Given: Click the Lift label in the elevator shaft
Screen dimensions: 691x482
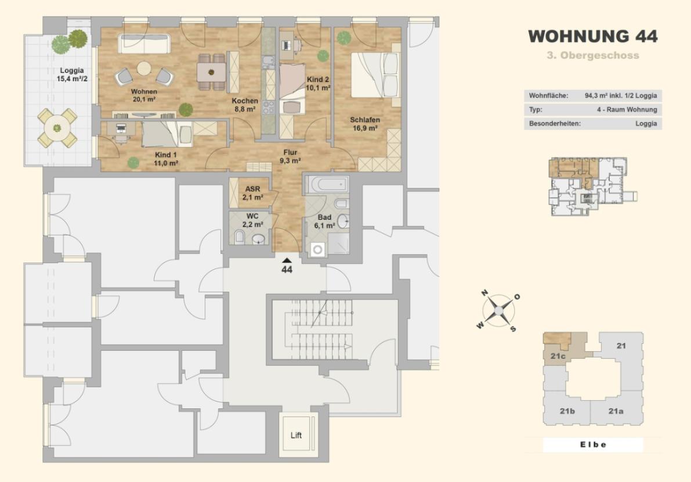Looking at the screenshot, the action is point(296,436).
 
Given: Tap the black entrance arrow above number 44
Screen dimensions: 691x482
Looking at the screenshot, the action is point(287,261).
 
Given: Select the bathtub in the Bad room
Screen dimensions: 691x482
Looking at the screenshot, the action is point(327,184).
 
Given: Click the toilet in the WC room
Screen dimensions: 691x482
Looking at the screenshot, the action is point(239,238).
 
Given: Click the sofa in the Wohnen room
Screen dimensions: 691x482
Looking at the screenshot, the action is point(143,44).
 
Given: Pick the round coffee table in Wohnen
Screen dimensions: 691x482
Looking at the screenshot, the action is point(144,69).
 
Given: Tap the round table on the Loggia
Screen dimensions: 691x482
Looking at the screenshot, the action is point(57,128).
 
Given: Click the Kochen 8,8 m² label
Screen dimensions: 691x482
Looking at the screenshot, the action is point(245,105).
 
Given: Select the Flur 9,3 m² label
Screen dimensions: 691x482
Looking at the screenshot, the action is point(291,157).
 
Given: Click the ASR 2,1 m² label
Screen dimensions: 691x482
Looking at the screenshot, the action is point(253,193).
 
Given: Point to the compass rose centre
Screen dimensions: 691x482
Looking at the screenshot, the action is point(498,311).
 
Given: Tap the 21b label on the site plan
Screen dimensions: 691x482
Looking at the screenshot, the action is point(567,411).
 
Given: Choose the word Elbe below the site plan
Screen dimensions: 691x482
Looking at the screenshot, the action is point(593,444).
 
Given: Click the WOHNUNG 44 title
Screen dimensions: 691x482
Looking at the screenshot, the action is point(593,36).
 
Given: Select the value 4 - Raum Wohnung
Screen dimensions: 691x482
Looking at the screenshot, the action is point(627,109).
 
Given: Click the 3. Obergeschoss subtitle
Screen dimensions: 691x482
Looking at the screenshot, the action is point(593,56).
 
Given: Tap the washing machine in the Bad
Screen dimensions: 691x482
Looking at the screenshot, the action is point(317,250).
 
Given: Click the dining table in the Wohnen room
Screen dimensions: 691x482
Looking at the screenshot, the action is point(212,72).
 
